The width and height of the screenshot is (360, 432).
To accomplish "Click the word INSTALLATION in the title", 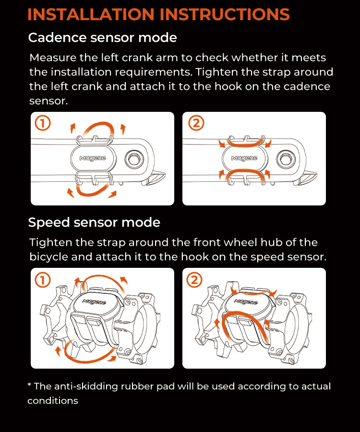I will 91,14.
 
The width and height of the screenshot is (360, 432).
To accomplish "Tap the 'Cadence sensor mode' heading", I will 102,37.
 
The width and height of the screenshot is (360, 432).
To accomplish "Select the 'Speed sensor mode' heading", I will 94,223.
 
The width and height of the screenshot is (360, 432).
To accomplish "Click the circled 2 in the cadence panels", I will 195,124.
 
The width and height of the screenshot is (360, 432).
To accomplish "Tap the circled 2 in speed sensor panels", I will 195,280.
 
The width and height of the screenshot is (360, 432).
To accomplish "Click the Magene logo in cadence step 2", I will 244,158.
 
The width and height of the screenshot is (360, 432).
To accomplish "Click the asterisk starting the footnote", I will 30,385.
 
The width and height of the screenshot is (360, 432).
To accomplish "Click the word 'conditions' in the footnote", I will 53,401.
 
